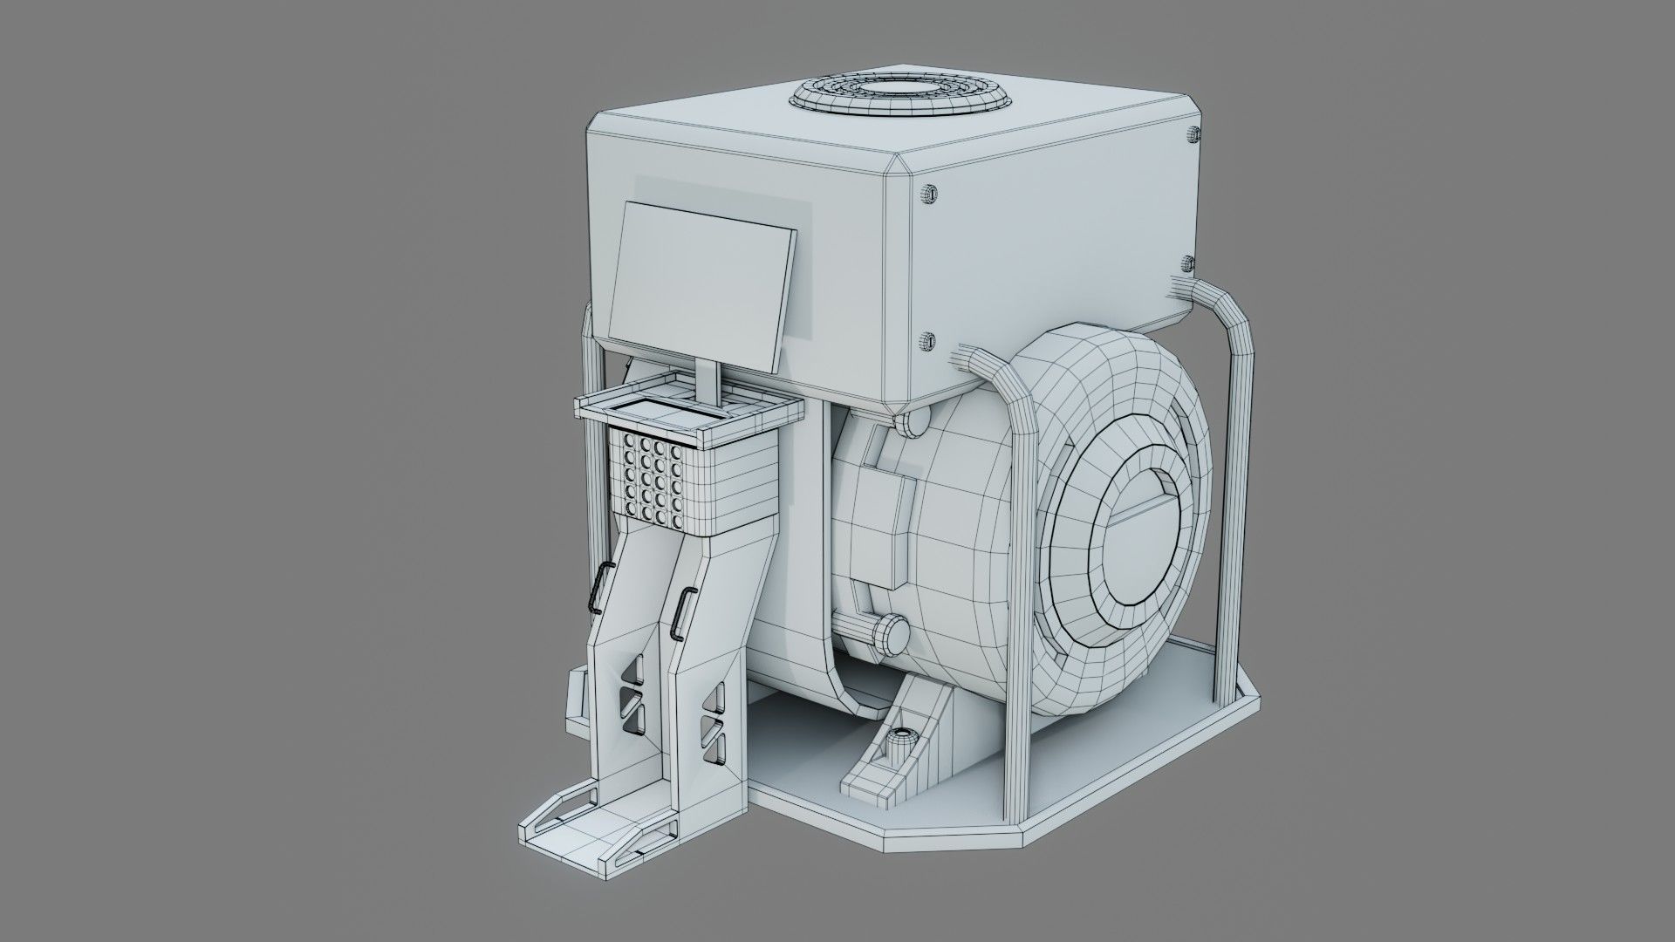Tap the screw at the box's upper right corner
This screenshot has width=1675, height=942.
[1193, 133]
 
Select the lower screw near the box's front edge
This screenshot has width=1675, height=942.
[928, 340]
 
